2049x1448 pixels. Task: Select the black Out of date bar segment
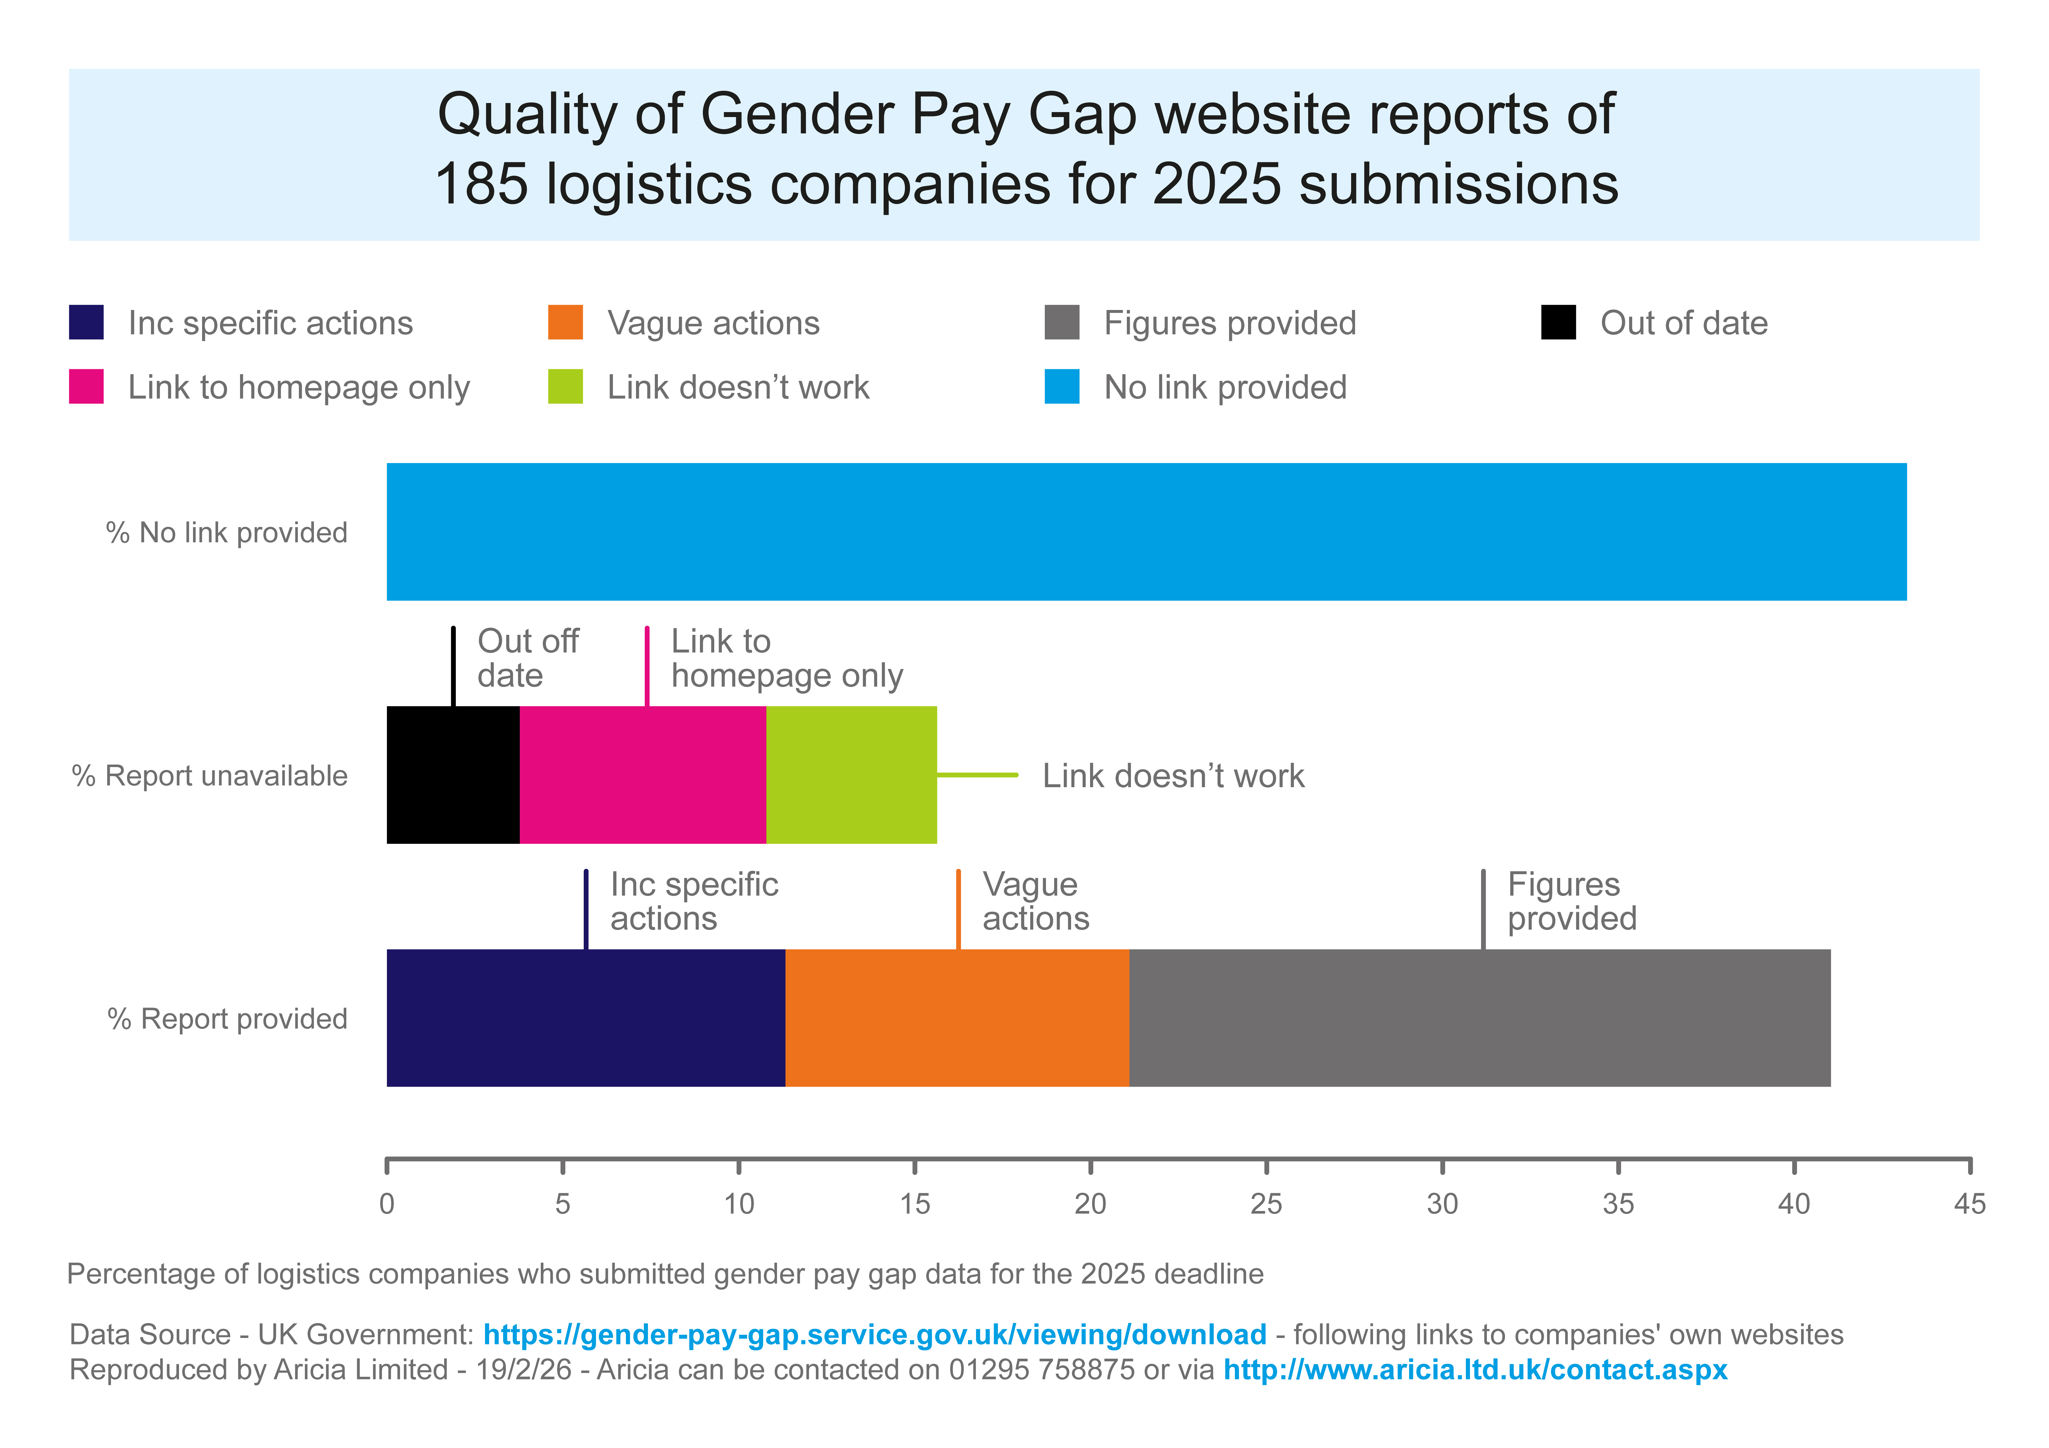tap(452, 774)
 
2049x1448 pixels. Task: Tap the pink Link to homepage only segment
tap(642, 774)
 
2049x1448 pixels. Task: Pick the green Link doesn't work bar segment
tap(851, 774)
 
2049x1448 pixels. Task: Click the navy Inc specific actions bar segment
tap(585, 1018)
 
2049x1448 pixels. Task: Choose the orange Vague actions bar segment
tap(957, 1018)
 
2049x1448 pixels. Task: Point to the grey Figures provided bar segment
tap(1480, 1018)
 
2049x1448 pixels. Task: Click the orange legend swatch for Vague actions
tap(565, 322)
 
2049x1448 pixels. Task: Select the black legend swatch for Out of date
tap(1558, 322)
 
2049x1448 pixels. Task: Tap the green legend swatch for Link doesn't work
tap(565, 386)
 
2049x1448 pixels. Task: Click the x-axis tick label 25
tap(1266, 1205)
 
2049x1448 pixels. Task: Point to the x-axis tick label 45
tap(1970, 1205)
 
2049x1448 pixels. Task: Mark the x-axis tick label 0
tap(386, 1205)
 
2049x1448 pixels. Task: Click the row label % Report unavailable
tap(210, 775)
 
